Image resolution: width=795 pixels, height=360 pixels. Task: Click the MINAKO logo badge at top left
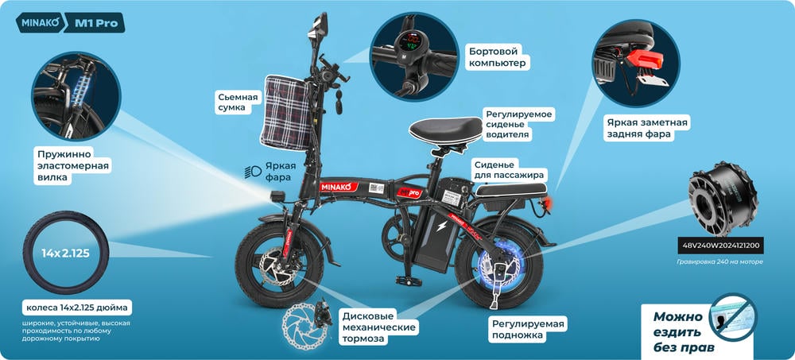tap(40, 23)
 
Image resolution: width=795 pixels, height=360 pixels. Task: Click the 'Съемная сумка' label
tap(238, 103)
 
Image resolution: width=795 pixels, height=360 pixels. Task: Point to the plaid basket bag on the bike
tap(285, 112)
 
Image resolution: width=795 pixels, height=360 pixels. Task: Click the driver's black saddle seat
tap(446, 130)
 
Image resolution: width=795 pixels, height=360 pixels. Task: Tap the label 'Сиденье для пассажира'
tap(509, 170)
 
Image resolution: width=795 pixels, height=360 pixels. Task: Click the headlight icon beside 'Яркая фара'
tap(253, 172)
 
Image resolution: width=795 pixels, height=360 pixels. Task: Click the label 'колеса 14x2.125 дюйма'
tap(77, 308)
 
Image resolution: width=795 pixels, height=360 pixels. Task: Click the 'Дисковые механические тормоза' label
tap(378, 327)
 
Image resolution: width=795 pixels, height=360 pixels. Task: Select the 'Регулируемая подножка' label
tap(527, 330)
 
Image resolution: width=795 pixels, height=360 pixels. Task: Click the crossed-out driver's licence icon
tap(733, 316)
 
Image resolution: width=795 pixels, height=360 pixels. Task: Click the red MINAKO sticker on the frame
tap(339, 187)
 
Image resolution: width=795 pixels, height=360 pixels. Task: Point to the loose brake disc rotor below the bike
tap(301, 326)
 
